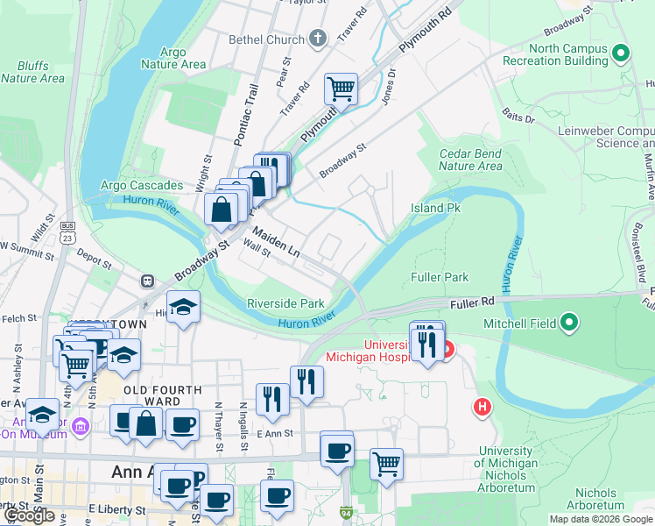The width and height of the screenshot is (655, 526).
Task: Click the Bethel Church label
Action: coord(266,39)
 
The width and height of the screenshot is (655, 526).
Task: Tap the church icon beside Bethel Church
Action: coord(317,39)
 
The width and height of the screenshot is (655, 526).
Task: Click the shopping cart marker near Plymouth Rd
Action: coord(340,89)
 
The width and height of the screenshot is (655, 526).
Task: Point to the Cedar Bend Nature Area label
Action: coord(470,160)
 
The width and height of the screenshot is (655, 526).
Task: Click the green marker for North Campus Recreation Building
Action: coord(621,54)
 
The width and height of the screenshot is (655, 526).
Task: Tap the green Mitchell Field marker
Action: coord(570,323)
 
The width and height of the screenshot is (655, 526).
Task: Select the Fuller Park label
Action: coord(440,277)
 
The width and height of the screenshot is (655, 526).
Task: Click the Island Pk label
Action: coord(435,208)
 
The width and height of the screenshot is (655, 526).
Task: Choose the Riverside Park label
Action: coord(285,303)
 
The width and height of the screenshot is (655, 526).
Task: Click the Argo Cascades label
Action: coord(141,186)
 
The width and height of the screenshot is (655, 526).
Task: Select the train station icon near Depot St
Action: coord(147,281)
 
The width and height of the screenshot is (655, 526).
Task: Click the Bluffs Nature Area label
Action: coord(32,72)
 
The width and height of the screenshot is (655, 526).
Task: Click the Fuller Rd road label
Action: coord(473,303)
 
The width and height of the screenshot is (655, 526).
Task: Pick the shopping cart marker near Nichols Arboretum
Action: coord(385,464)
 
